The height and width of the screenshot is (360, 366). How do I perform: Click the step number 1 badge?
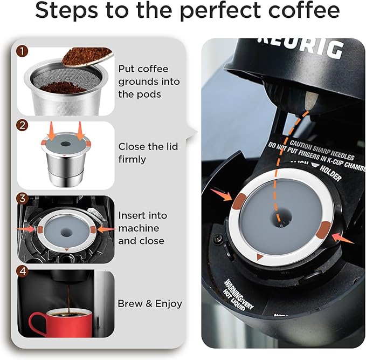pyautogui.click(x=22, y=52)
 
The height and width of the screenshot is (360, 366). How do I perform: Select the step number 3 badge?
pyautogui.click(x=22, y=199)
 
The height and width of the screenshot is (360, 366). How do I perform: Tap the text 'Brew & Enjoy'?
pyautogui.click(x=150, y=304)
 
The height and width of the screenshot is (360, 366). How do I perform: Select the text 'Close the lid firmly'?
pyautogui.click(x=148, y=153)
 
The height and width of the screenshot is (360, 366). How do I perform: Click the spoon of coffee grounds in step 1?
pyautogui.click(x=86, y=56)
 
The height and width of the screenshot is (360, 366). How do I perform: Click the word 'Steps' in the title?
pyautogui.click(x=67, y=12)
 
